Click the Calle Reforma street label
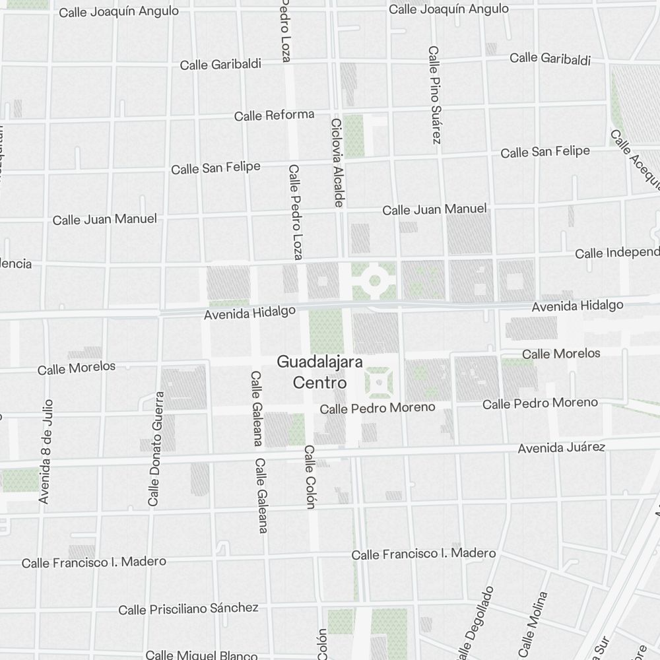[x=274, y=115]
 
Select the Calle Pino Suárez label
[x=434, y=95]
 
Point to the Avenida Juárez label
[x=561, y=448]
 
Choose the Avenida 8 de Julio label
[x=46, y=451]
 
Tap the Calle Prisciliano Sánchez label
[x=188, y=608]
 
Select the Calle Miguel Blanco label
[x=201, y=655]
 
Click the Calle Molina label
[x=533, y=624]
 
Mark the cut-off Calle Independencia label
[x=617, y=253]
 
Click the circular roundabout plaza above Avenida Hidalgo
[x=374, y=282]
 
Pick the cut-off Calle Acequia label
[x=635, y=158]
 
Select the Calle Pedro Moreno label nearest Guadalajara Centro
[x=378, y=408]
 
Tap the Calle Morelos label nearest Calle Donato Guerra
[x=77, y=368]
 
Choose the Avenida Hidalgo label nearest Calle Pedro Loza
[x=249, y=313]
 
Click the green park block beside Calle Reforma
[x=354, y=135]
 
